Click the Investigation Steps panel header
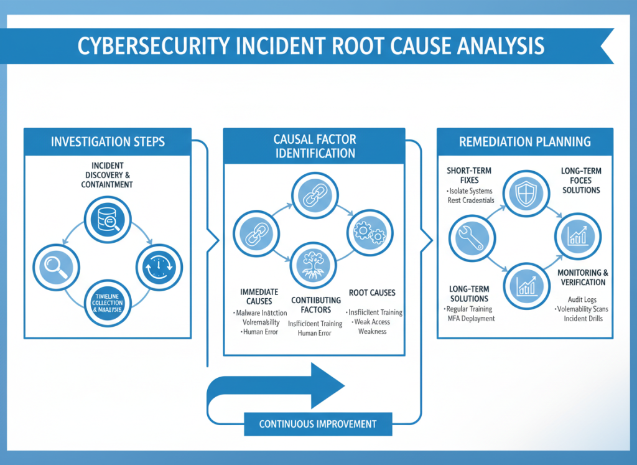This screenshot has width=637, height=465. pyautogui.click(x=107, y=141)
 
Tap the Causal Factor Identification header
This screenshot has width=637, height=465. pyautogui.click(x=314, y=146)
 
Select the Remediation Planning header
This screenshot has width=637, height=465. pyautogui.click(x=525, y=141)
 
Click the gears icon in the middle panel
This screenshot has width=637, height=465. pyautogui.click(x=370, y=232)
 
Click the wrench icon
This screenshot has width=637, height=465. pyautogui.click(x=472, y=237)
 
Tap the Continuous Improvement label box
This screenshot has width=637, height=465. pyautogui.click(x=318, y=424)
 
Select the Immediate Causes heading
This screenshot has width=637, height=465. pyautogui.click(x=259, y=296)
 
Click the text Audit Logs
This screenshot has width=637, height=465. pyautogui.click(x=583, y=299)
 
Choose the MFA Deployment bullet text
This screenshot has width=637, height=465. pyautogui.click(x=470, y=319)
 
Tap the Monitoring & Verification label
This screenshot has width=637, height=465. pyautogui.click(x=582, y=278)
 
